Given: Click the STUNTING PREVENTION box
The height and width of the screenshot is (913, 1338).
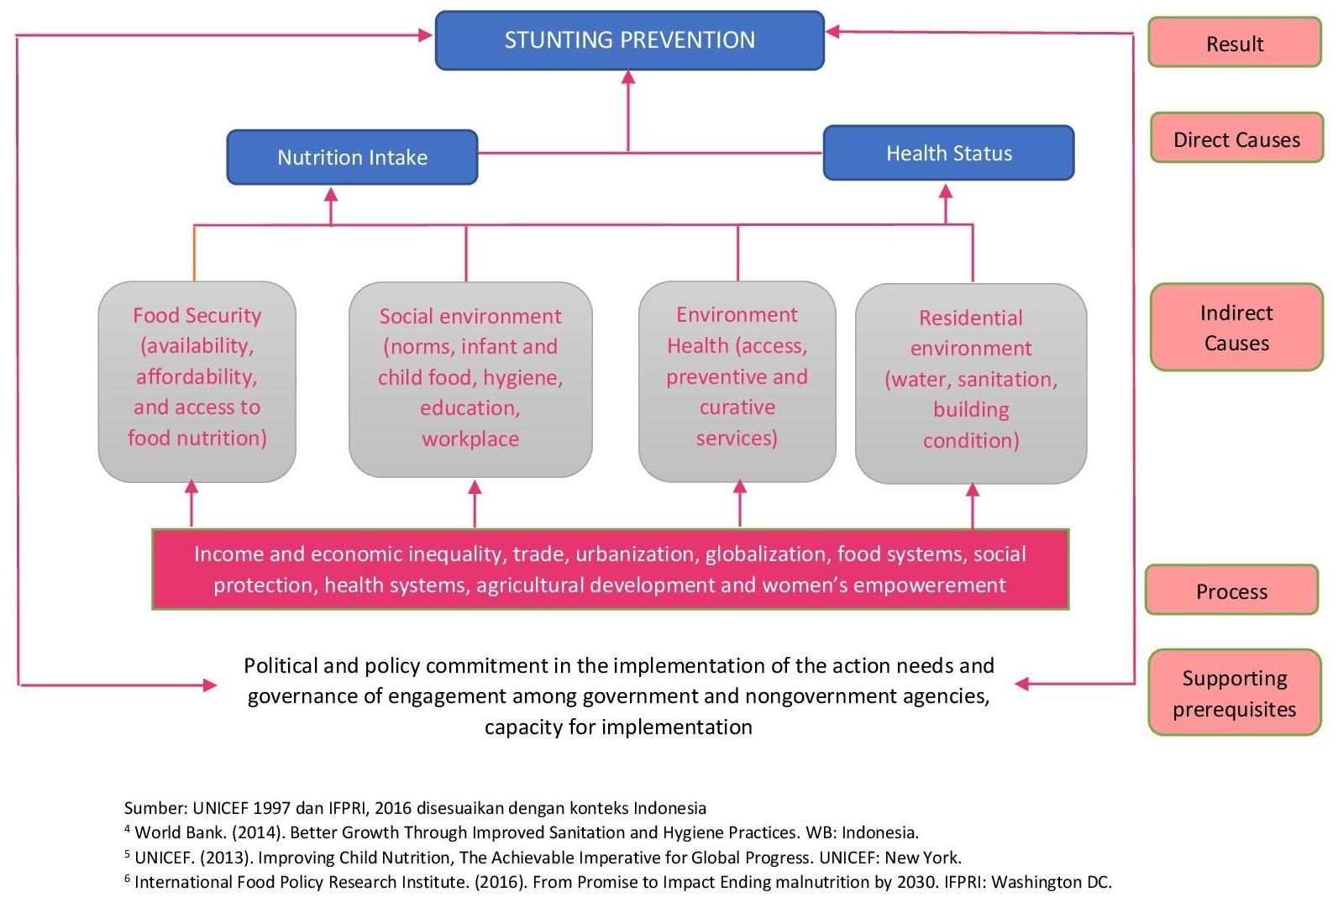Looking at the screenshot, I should point(629,40).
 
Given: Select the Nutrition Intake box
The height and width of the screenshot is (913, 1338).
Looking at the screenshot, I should point(352,157).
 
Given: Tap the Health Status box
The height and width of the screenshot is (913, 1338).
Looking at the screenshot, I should point(948,153).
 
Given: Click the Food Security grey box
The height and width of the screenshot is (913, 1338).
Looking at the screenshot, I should point(197,380).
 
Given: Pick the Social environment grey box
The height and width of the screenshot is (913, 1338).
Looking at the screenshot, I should point(470,379).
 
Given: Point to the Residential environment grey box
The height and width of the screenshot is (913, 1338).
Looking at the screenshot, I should point(971,383).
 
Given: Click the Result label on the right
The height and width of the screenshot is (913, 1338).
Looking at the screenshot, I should point(1235,43).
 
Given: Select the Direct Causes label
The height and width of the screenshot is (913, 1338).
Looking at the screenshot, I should point(1236,139).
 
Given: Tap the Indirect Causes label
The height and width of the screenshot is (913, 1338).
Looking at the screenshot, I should point(1236,328).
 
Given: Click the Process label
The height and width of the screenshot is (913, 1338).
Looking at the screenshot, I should point(1231,590).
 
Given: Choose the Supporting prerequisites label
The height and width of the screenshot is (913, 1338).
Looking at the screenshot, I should point(1235,693).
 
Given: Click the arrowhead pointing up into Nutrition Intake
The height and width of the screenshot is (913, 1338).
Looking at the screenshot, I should point(331,195).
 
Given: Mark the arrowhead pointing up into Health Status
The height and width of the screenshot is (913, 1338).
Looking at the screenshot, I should point(946,191).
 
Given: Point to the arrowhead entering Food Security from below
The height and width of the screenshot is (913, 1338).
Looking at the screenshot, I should point(192,487).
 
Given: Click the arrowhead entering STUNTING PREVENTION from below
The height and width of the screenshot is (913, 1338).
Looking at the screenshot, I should point(628,77).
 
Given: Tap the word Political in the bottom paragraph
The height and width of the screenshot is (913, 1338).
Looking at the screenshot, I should point(281,666).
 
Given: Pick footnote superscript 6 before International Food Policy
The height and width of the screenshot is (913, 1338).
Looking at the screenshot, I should point(128,879).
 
